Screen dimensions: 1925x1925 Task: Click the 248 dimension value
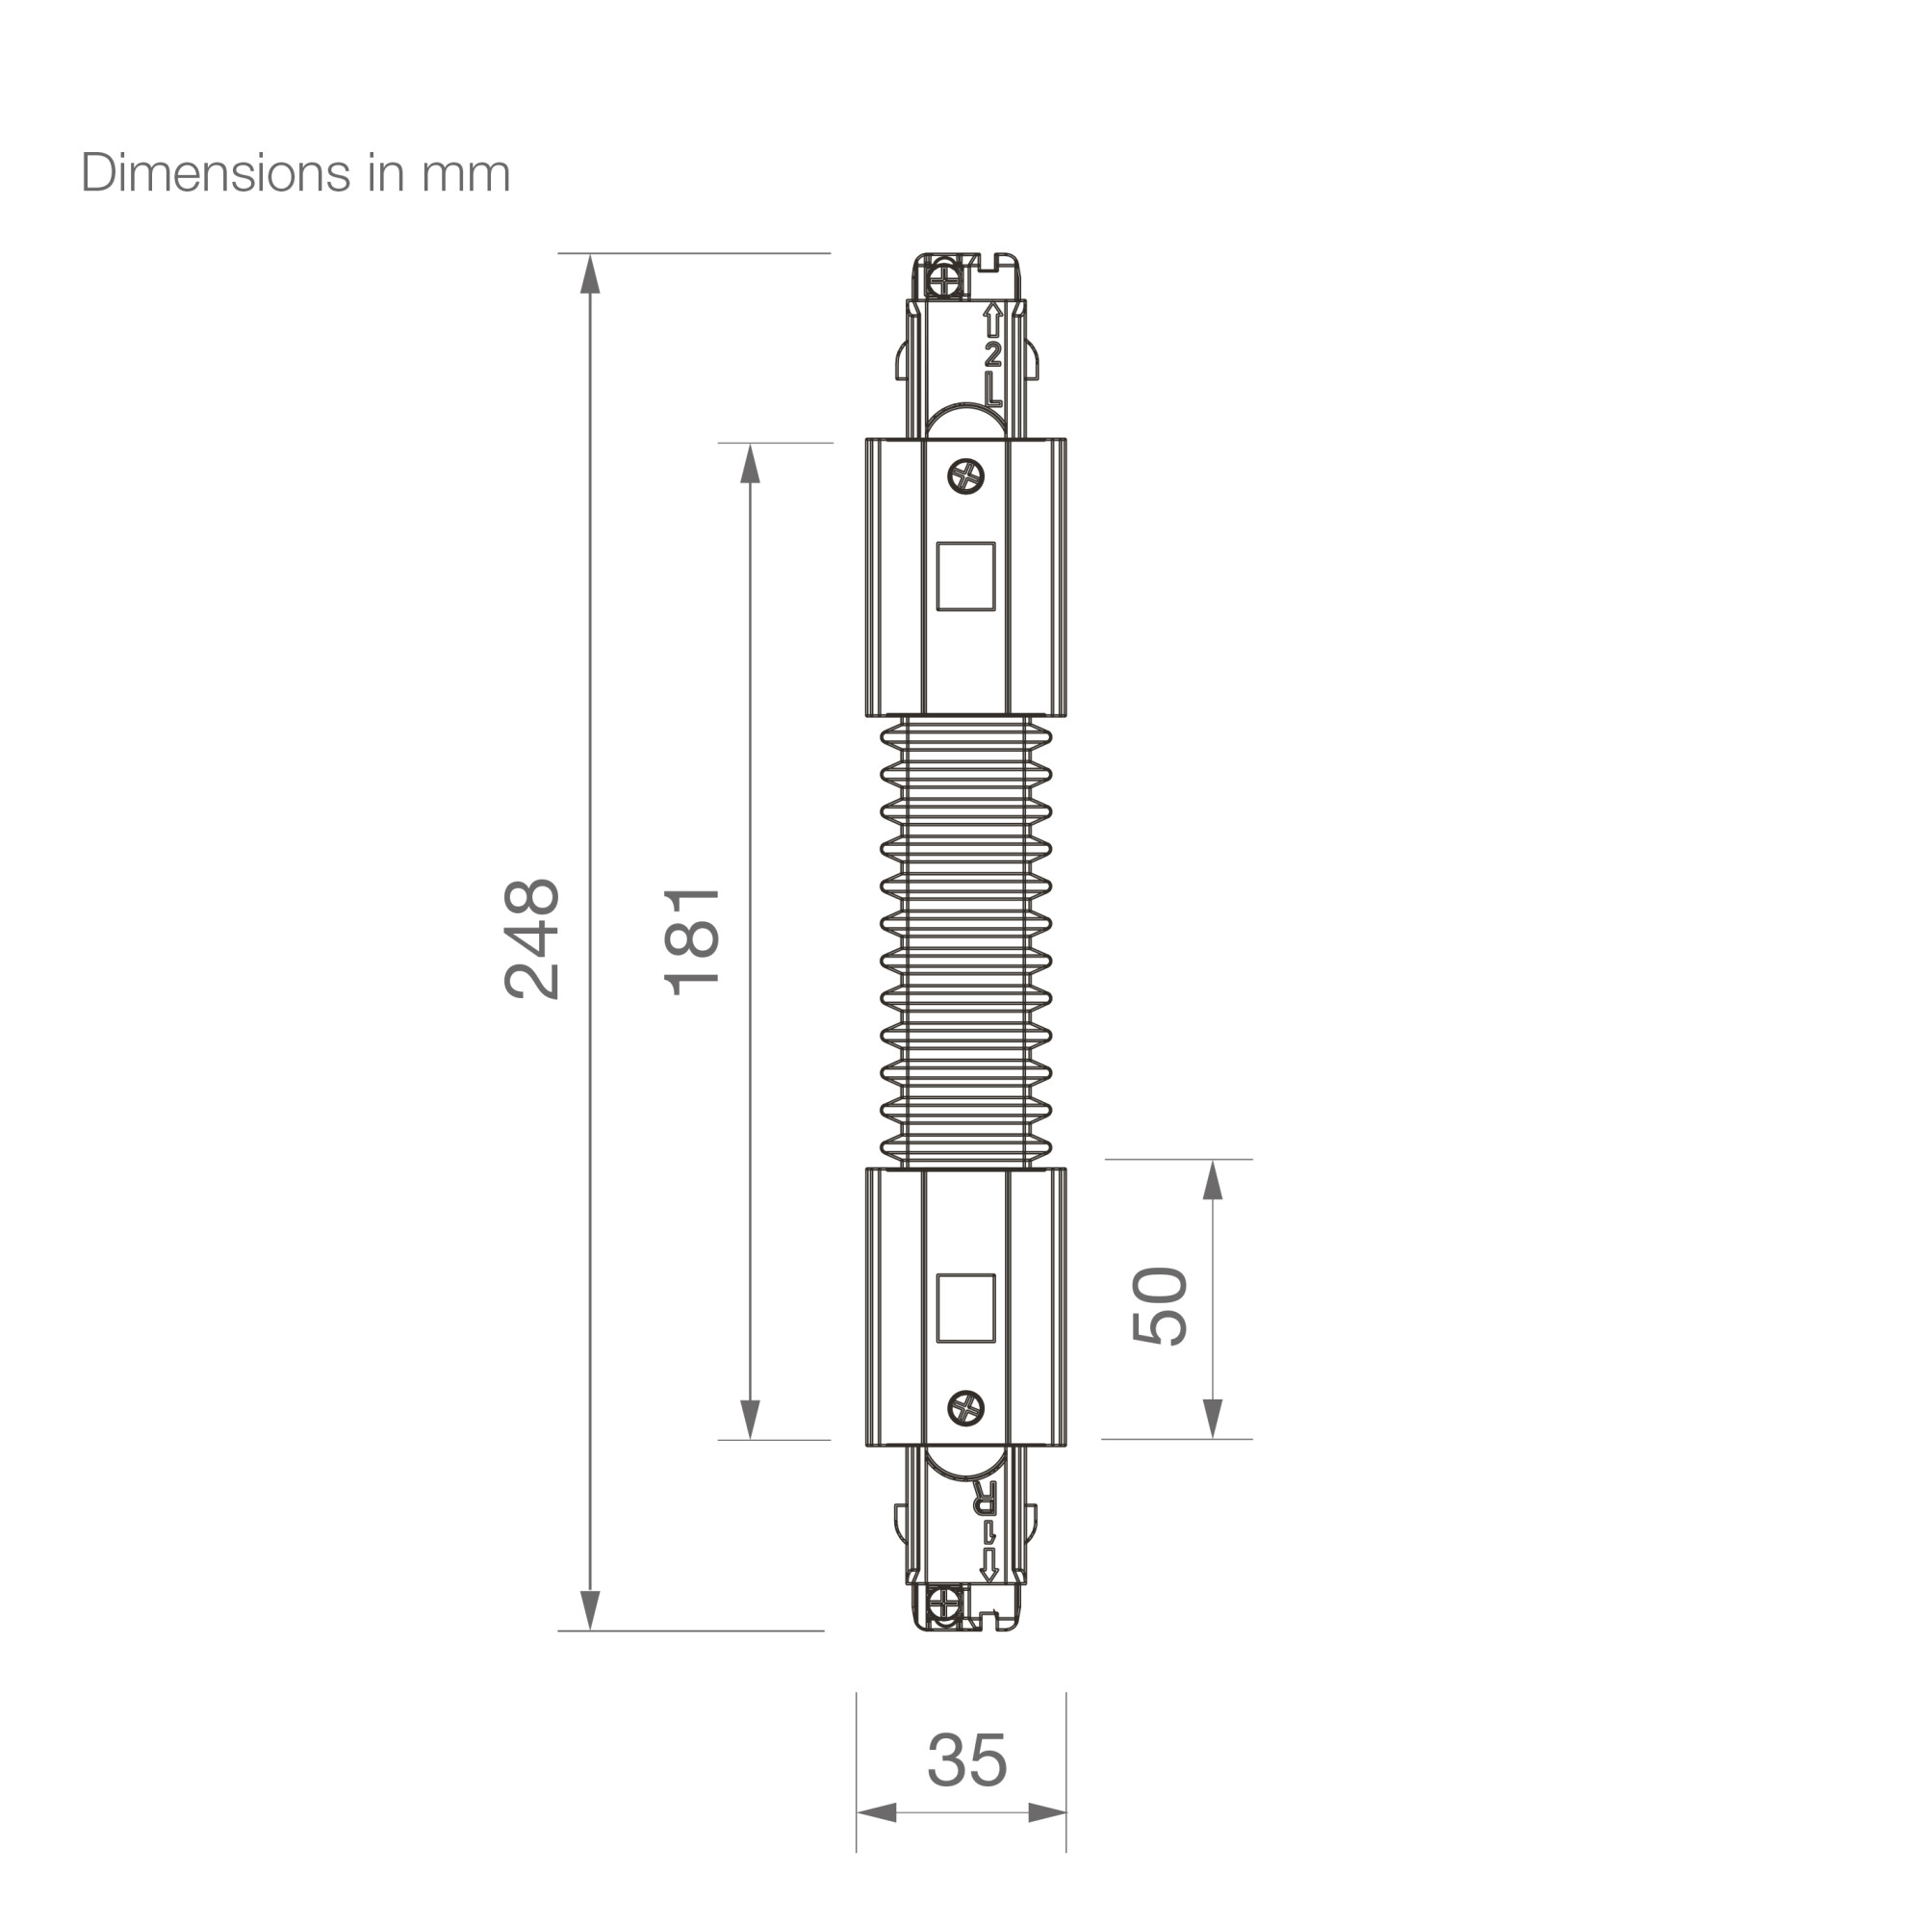(532, 938)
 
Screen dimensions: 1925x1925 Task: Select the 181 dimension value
(691, 940)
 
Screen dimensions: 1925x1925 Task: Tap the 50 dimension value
(1161, 1305)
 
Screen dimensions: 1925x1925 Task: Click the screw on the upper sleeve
(965, 476)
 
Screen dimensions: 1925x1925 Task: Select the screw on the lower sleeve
(965, 1407)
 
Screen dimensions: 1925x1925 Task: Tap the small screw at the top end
(940, 276)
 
